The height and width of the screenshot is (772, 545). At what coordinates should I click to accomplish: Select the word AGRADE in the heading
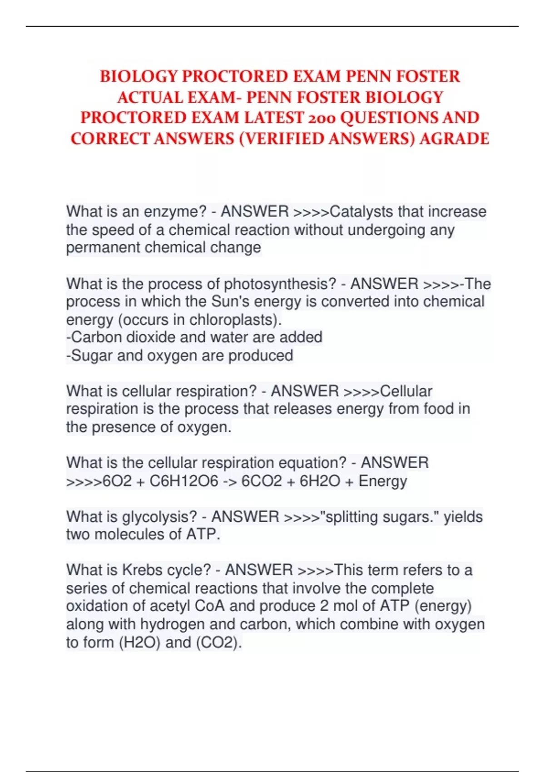[x=454, y=139]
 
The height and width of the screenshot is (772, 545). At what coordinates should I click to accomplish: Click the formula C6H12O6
[x=183, y=481]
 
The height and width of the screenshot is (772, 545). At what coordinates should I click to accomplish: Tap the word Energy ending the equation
[x=382, y=481]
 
